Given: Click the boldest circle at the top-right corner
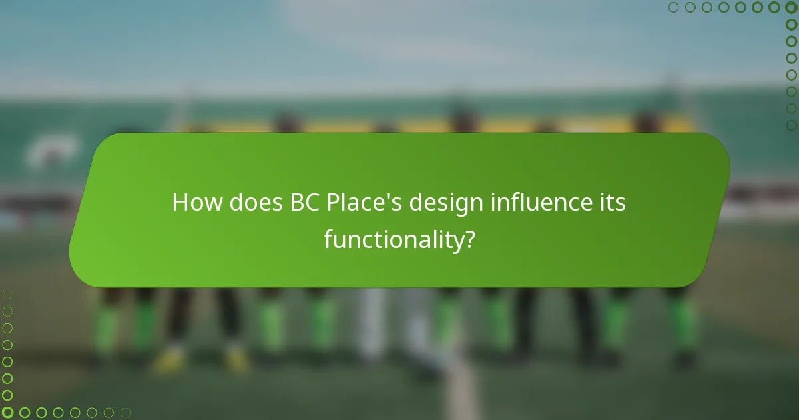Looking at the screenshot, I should [x=791, y=7].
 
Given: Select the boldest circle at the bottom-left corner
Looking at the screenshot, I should [x=7, y=413].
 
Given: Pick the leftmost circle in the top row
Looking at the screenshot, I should [x=673, y=7].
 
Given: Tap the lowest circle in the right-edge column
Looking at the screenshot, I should [x=791, y=125].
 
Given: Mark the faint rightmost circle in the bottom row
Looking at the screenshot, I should [x=125, y=413].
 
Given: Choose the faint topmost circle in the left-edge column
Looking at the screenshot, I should [x=7, y=294].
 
